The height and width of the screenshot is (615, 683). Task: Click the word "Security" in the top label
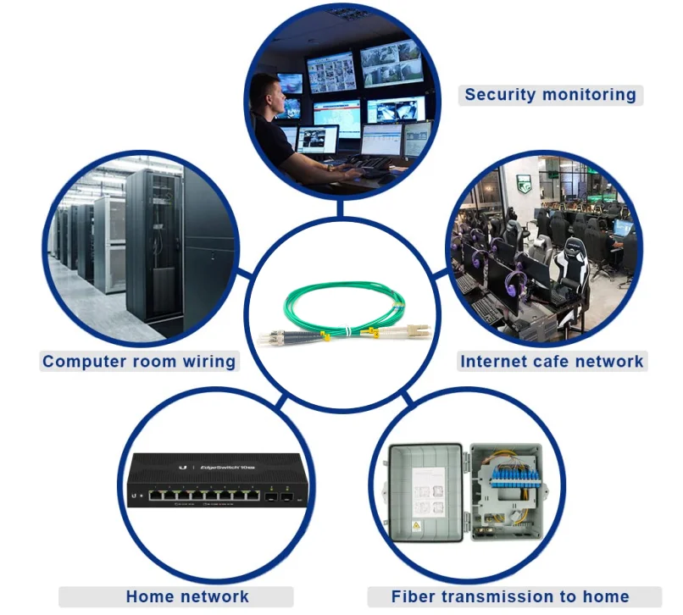499,94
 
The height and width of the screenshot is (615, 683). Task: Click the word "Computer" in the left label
83,362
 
